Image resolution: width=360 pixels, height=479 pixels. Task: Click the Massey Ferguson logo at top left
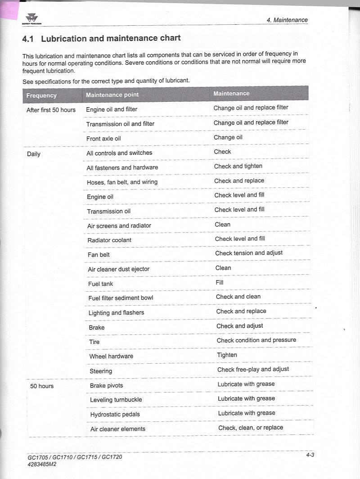point(31,19)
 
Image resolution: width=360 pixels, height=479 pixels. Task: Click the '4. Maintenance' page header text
point(287,20)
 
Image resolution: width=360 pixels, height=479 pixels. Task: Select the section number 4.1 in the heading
point(28,39)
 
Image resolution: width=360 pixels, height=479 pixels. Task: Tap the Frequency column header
point(41,95)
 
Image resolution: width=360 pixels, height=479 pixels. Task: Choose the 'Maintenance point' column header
point(112,95)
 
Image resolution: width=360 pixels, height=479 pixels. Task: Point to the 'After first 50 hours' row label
point(51,110)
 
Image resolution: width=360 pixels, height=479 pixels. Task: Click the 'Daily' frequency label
point(34,154)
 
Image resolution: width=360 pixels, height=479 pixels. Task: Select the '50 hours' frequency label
point(42,386)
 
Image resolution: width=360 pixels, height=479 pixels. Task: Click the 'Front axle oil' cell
point(103,139)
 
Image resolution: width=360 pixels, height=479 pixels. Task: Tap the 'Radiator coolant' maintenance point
point(109,240)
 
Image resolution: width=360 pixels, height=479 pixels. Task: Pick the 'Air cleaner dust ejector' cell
point(118,269)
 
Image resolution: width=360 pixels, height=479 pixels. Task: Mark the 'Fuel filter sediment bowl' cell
point(121,298)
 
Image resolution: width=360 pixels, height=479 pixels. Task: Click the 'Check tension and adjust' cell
point(249,253)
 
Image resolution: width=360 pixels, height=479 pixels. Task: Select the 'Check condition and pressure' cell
point(256,340)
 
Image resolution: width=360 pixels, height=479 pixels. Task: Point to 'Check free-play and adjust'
point(253,370)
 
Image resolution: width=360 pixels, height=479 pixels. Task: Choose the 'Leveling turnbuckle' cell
point(116,400)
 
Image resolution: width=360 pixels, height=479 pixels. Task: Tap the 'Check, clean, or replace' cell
point(251,428)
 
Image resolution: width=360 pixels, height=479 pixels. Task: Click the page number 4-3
point(310,455)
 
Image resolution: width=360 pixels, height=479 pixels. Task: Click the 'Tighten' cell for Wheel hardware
point(227,355)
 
